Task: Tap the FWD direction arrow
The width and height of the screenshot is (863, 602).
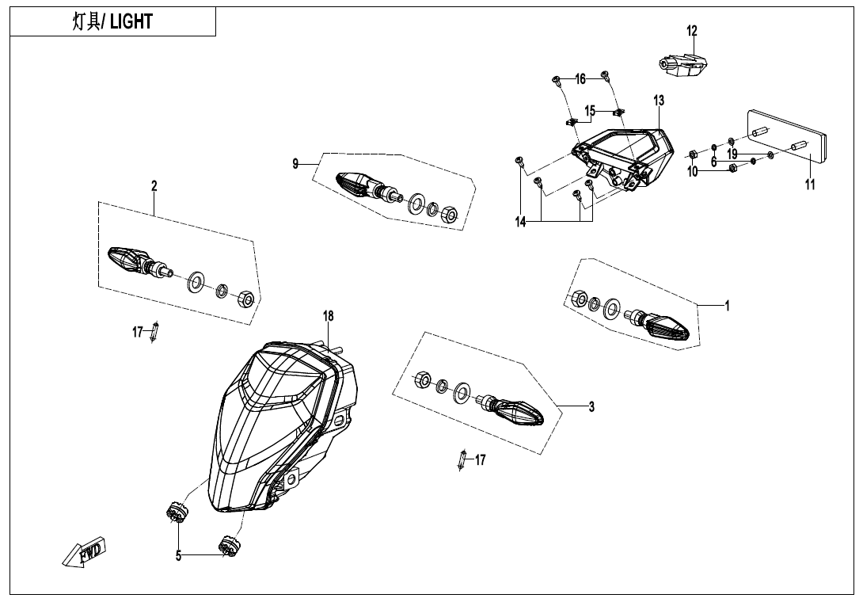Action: point(84,552)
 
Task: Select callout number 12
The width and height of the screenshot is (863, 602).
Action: point(692,31)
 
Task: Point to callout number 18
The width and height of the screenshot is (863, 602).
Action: point(328,316)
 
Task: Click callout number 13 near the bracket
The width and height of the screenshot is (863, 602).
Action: point(659,101)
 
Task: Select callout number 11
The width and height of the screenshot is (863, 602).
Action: point(809,185)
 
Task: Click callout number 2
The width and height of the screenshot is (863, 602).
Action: point(154,186)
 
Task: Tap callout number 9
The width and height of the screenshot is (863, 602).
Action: point(295,164)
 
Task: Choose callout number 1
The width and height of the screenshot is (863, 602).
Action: point(727,306)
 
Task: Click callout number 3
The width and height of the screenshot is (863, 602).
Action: point(591,407)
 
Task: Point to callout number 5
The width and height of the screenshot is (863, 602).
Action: point(179,556)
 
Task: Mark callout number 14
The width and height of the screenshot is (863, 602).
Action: point(520,222)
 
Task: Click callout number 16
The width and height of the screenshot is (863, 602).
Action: point(580,79)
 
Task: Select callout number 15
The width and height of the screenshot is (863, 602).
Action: point(590,111)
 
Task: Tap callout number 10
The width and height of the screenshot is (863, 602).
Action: point(693,171)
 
